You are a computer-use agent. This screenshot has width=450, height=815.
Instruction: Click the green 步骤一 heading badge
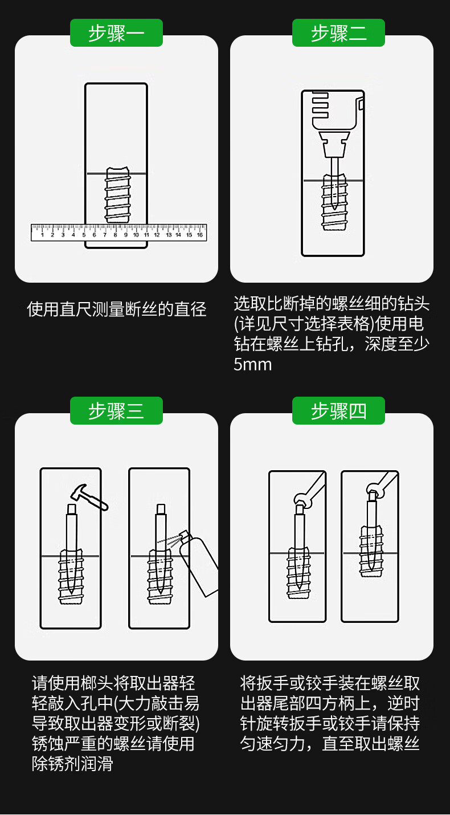pos(116,32)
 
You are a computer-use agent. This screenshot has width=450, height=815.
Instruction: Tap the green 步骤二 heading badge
pos(338,32)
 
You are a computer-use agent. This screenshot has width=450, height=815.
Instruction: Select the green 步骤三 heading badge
pos(116,410)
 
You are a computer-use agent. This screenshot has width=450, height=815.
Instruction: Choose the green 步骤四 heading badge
pos(338,410)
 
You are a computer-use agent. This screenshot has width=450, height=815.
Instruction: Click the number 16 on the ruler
pos(200,235)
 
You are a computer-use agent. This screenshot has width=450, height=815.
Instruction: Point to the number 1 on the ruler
pos(43,235)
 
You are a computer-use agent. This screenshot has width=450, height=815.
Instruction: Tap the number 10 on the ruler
pos(136,235)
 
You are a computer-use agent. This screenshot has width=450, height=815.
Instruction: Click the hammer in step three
pos(89,496)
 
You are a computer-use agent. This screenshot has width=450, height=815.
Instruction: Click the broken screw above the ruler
pos(117,195)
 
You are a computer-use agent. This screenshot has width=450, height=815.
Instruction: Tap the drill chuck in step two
pos(334,144)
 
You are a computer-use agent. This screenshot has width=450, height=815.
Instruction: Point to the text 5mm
pos(253,365)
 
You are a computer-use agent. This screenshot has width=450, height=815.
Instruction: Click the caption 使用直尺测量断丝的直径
pos(116,309)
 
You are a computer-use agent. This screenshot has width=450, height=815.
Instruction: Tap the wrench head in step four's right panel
pos(374,490)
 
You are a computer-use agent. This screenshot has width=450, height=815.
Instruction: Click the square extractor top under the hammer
pos(72,508)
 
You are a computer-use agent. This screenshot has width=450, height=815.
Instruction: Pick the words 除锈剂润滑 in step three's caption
pos(72,763)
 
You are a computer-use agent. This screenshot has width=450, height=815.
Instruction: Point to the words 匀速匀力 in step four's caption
pos(272,743)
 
